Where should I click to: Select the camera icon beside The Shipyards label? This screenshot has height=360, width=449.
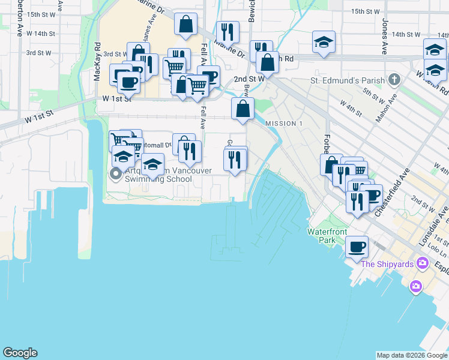(x=423, y=263)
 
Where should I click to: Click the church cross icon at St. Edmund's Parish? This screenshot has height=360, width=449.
(x=394, y=79)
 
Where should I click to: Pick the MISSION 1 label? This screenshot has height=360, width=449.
(x=284, y=123)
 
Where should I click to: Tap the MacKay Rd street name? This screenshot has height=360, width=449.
(x=96, y=53)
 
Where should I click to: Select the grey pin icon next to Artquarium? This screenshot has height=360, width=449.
(x=115, y=175)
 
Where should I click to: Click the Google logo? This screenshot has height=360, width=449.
(x=20, y=353)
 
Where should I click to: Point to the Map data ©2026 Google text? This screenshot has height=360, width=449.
(x=412, y=355)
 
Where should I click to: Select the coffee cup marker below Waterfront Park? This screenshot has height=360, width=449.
(x=357, y=247)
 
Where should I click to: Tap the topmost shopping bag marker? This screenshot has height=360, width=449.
(x=186, y=25)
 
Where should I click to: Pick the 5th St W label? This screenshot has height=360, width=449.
(x=373, y=94)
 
